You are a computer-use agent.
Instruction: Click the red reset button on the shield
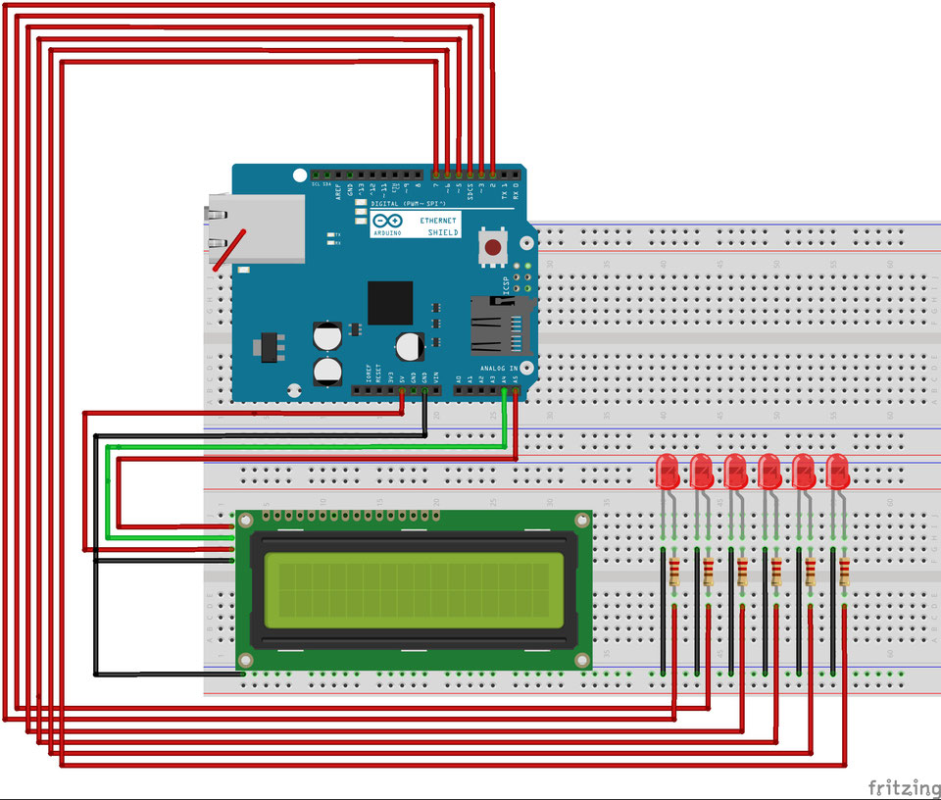492,246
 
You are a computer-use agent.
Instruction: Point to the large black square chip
390,303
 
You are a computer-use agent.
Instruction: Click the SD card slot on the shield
501,325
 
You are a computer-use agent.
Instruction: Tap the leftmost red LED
668,472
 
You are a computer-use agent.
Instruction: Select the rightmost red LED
837,472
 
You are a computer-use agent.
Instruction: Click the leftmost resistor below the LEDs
673,572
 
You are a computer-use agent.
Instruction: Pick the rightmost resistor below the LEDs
844,572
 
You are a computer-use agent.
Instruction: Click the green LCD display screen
413,590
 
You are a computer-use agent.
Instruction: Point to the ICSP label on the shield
506,284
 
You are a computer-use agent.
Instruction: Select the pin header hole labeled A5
516,390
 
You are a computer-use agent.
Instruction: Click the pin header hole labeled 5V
403,390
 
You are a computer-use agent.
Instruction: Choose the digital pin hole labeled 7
435,172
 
